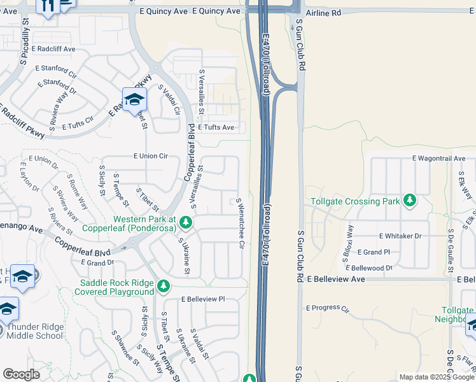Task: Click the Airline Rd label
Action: point(323,12)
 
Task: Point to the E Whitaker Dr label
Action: point(400,236)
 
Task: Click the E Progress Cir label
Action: point(328,309)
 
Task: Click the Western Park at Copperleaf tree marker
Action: point(186,222)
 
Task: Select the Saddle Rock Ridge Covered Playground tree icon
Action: point(164,286)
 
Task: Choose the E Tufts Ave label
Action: point(216,127)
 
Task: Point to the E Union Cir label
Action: point(150,156)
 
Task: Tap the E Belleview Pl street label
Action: point(203,299)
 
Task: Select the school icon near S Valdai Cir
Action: point(135,99)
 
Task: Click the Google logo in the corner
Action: point(21,374)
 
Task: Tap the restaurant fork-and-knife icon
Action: point(46,6)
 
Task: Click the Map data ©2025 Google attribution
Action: point(437,377)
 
